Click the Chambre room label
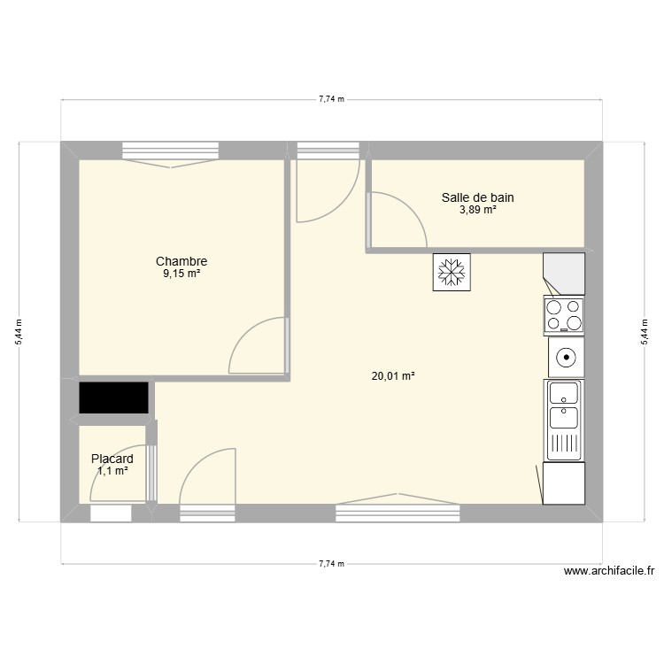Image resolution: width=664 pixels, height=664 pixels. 181,261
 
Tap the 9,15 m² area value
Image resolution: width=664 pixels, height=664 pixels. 181,274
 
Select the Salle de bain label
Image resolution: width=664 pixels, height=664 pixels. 477,198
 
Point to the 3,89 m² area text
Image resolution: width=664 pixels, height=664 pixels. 477,211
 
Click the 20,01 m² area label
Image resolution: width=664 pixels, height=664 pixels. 393,376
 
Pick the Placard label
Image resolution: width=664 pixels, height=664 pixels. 112,459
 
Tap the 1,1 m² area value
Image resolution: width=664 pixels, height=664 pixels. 112,471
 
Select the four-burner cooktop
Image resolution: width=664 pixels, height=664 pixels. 564,315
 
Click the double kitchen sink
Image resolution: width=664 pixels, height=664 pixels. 564,421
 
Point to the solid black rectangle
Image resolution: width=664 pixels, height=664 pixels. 113,398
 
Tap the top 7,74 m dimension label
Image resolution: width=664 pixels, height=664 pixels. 331,99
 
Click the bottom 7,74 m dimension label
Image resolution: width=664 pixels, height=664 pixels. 331,564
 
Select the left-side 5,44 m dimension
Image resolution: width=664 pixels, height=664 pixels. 19,332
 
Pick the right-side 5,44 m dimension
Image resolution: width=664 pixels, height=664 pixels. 644,332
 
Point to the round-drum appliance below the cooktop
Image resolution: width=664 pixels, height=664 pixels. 565,358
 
